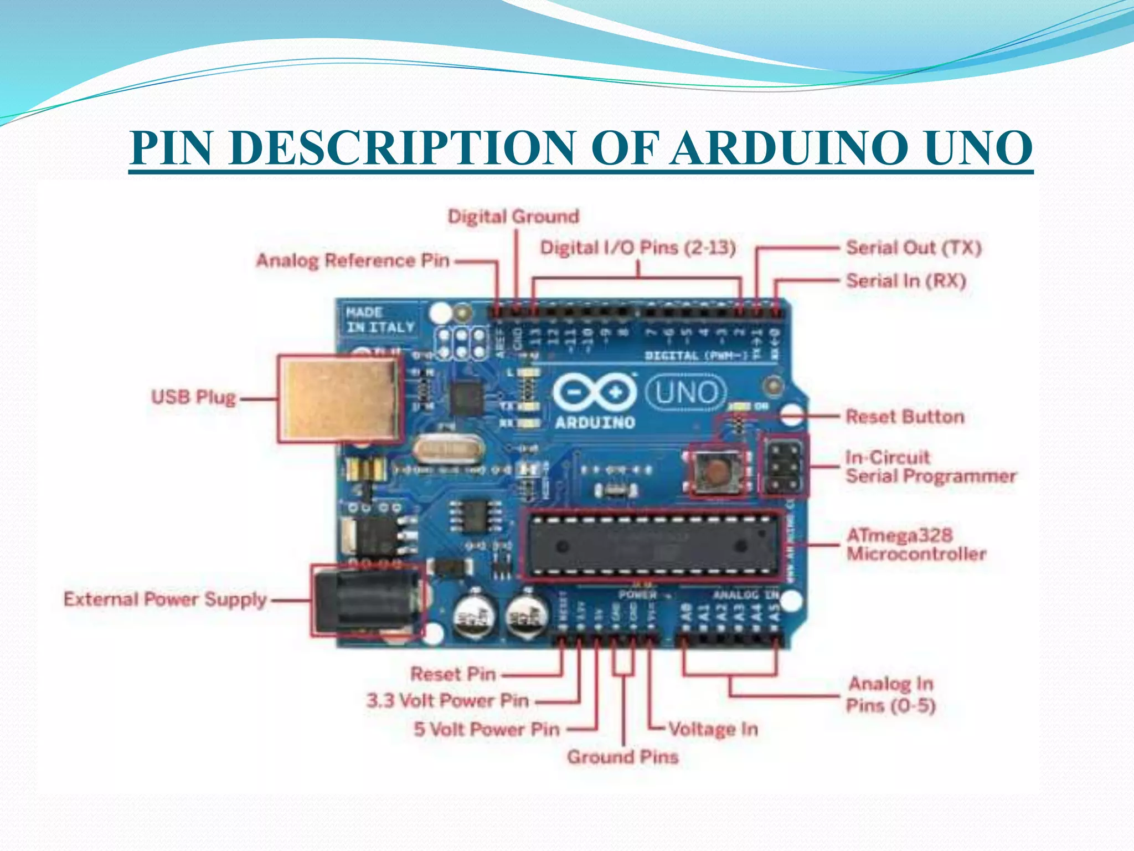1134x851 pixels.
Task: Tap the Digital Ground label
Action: point(513,216)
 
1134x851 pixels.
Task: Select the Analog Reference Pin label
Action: point(353,260)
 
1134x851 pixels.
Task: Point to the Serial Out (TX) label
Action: point(914,248)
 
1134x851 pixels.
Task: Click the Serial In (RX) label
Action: point(906,281)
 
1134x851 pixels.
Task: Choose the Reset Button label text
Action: point(905,417)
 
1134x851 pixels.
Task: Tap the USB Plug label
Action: point(194,397)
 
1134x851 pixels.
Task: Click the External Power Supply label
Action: point(165,599)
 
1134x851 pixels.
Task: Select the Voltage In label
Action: point(713,729)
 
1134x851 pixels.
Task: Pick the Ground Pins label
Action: point(622,757)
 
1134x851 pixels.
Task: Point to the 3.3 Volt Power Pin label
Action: point(447,701)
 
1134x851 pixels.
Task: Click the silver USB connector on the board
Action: point(339,398)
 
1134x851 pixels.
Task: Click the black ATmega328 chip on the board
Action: point(651,545)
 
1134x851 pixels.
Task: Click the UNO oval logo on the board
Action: point(685,393)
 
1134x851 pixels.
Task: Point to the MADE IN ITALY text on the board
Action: point(380,320)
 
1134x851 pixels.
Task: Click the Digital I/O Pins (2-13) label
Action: point(638,248)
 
